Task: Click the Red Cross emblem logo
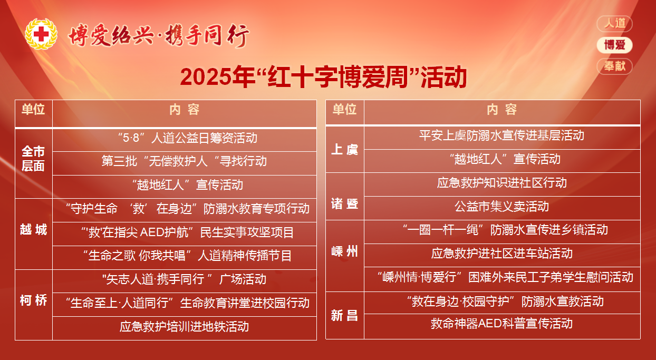41,34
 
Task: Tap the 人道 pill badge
614,23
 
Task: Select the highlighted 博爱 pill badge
614,45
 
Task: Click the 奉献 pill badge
614,66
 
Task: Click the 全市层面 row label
33,159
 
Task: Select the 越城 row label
33,229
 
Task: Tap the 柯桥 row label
33,300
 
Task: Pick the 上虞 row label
344,150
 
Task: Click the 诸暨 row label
344,203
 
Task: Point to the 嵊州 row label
344,251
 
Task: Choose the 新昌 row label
344,316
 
